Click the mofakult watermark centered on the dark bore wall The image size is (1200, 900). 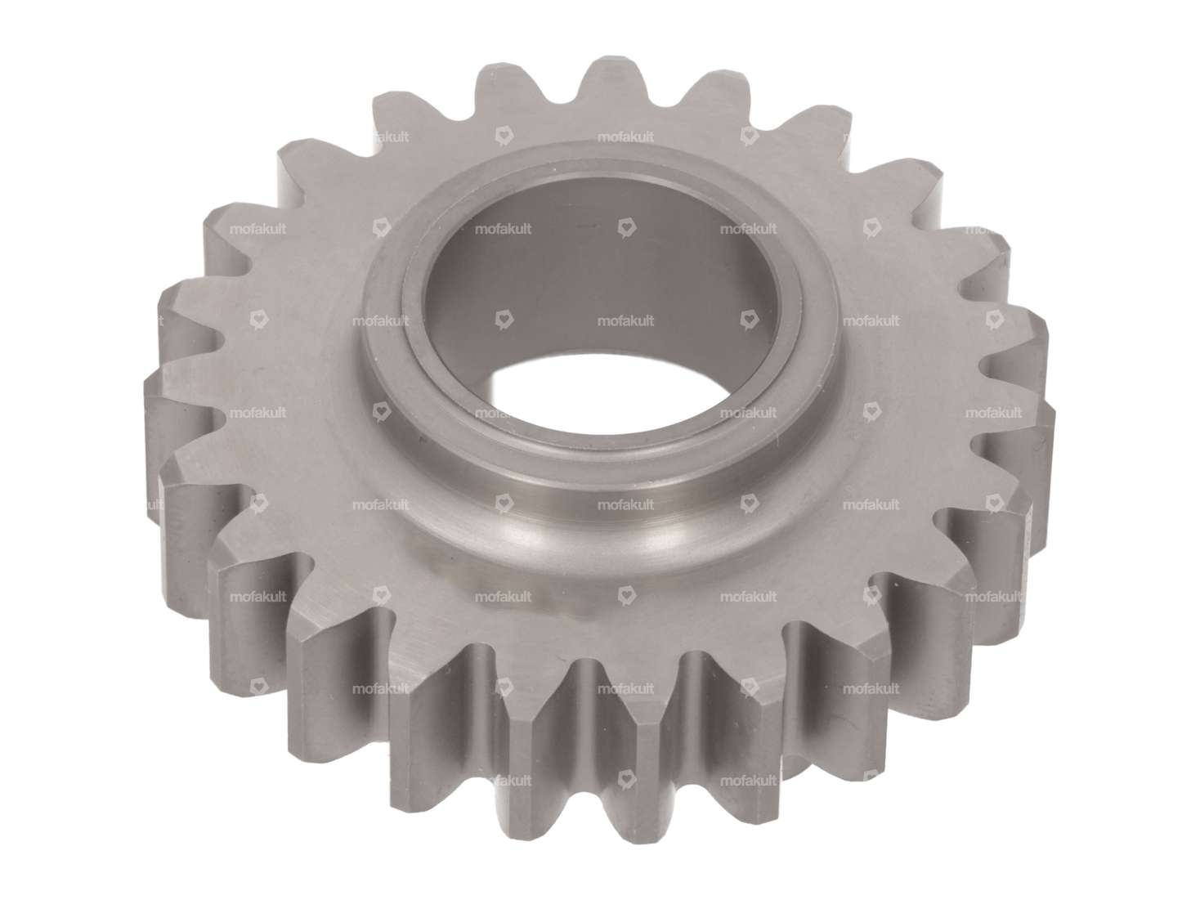pyautogui.click(x=625, y=321)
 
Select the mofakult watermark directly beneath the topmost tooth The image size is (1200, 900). pyautogui.click(x=625, y=137)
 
